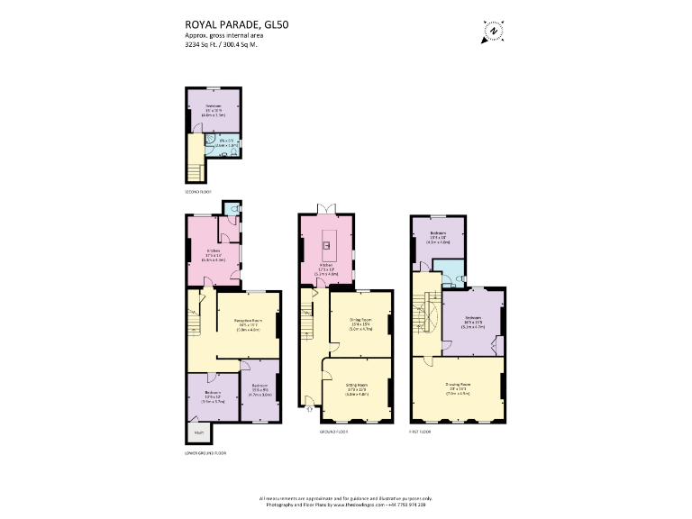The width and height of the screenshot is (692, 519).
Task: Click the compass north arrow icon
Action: coord(494,30)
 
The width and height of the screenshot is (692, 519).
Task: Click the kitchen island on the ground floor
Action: coord(329,242)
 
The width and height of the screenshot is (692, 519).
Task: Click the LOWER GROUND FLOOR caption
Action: coord(204,453)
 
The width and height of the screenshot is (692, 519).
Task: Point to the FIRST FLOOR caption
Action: coord(420,432)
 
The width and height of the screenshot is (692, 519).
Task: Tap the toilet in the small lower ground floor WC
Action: coord(233,207)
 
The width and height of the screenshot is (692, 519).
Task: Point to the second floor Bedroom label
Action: coord(213,113)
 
